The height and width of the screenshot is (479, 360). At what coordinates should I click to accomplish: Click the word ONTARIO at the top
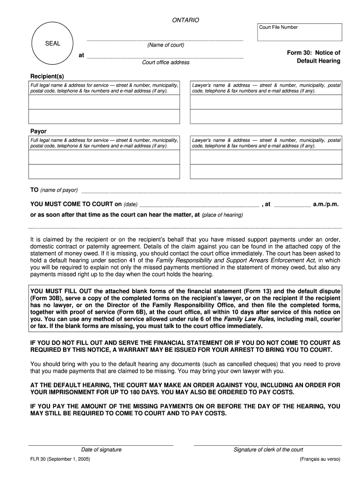coord(186,20)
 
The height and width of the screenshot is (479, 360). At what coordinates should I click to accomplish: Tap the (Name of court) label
coord(166,45)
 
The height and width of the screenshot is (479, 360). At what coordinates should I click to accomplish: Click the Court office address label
coord(166,63)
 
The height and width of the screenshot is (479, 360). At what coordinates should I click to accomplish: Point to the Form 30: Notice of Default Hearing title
coord(313,57)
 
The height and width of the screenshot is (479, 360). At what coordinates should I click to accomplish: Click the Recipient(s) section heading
coord(47,76)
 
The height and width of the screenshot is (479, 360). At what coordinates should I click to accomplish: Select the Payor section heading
coord(38,131)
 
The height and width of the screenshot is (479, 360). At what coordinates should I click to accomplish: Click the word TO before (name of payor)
coord(34,190)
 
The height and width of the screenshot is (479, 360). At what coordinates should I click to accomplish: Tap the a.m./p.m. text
coord(326,204)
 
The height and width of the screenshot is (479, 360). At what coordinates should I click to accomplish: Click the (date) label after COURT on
coord(130,205)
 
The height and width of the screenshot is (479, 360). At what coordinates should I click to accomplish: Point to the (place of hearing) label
coord(222,215)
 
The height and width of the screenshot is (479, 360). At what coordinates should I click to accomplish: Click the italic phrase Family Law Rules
coord(249,319)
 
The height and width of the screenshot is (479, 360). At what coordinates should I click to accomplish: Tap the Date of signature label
coord(101,450)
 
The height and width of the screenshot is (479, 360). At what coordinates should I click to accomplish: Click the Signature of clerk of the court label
coord(268,450)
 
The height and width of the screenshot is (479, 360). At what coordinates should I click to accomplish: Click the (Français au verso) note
coord(320,459)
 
